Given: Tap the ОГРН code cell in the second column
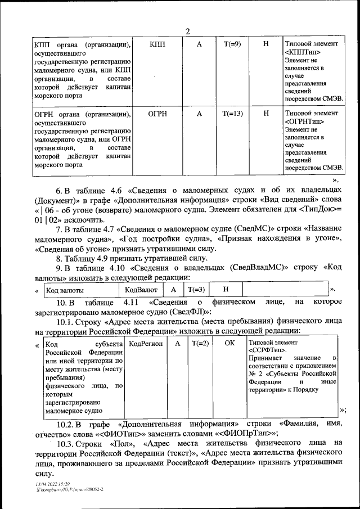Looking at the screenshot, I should tap(157, 113).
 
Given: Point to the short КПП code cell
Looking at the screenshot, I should tap(157, 44).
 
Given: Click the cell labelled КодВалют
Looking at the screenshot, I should tap(141, 289).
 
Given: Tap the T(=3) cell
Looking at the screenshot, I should tap(196, 289).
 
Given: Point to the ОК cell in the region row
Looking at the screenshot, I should tap(229, 343).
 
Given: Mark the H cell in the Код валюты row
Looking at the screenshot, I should tap(226, 289).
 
